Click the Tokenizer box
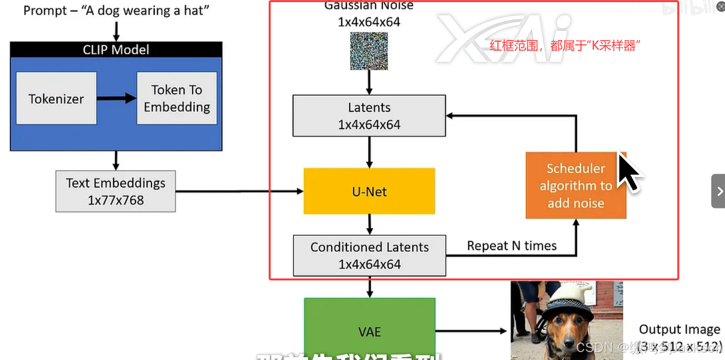(x=56, y=98)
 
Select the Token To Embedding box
(x=176, y=98)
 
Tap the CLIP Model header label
(x=116, y=50)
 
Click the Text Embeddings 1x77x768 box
(x=116, y=191)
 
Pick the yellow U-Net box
(x=369, y=191)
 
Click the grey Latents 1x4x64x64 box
(x=369, y=116)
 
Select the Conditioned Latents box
(x=369, y=255)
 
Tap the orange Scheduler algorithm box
(x=576, y=186)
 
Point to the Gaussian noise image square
(x=369, y=51)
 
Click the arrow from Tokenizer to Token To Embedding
(x=116, y=98)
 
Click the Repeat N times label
(x=512, y=246)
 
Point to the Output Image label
(x=679, y=330)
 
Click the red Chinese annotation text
(x=565, y=45)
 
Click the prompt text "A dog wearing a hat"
(x=116, y=11)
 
